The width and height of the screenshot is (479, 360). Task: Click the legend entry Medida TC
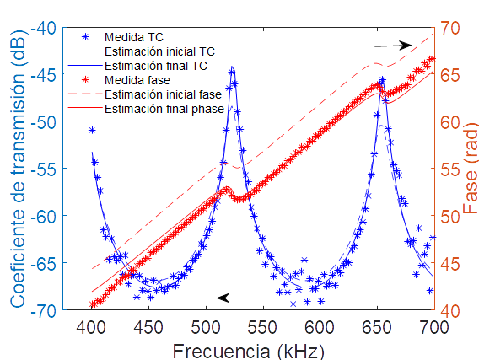point(133,38)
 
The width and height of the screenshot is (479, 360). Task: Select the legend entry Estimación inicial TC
point(156,51)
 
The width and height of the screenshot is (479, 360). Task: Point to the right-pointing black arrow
point(393,45)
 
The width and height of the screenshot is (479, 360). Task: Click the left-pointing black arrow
point(240,297)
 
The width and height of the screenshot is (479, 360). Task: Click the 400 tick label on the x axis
point(92,326)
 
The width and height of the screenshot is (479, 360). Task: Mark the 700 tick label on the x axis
point(433,326)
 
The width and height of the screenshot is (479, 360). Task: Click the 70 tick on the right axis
point(451,27)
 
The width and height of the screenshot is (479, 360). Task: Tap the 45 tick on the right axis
point(451,263)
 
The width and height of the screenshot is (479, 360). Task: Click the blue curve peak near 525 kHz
point(232,68)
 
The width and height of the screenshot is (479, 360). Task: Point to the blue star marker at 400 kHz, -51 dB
point(92,130)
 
